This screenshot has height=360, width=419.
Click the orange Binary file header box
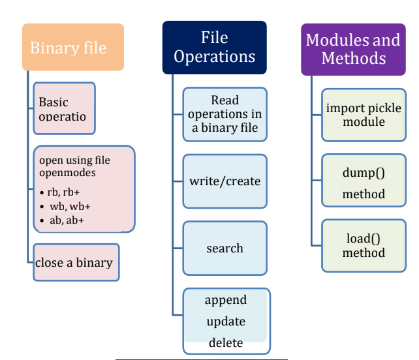pos(73,47)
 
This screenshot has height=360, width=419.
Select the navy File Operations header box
pos(215,48)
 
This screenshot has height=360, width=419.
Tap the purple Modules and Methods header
pos(353,50)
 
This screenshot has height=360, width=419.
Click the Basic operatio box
pos(64,108)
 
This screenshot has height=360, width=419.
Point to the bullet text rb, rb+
pos(63,192)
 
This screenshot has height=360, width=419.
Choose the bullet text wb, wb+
pos(70,207)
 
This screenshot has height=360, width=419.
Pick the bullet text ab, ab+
pos(67,220)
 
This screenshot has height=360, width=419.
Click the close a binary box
pos(76,262)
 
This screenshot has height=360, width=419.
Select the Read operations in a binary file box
pos(225,114)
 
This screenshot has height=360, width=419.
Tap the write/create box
pos(225,181)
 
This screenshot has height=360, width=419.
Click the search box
pos(225,248)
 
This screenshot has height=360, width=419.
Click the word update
pos(226,322)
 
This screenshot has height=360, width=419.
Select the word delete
pos(226,342)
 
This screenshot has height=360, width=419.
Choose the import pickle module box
pos(364,115)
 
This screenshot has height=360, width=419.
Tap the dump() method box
pos(364,180)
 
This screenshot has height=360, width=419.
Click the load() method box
pos(364,246)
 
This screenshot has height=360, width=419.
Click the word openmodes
pos(67,173)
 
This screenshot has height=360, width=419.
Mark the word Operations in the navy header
pos(215,57)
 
